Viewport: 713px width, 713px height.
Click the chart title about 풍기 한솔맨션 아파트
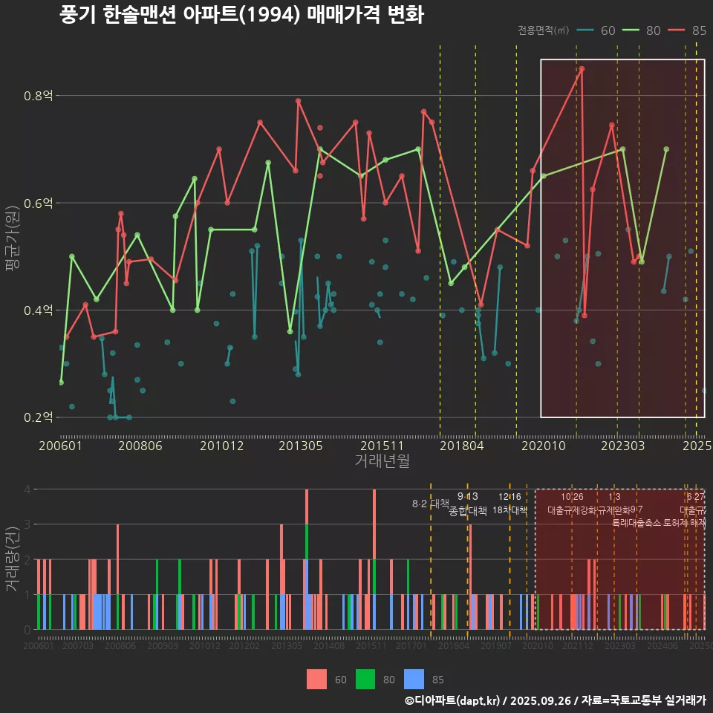point(241,16)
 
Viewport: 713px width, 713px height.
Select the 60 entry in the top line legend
point(598,30)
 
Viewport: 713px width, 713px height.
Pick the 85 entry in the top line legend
point(688,30)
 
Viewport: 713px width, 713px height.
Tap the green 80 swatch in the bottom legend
point(365,679)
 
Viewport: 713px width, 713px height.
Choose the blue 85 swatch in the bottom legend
point(413,679)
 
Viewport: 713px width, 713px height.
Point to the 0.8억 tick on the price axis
point(37,96)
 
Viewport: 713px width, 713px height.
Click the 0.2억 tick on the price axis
point(37,417)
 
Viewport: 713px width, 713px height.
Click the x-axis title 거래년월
point(382,461)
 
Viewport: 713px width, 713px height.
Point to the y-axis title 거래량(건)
point(12,559)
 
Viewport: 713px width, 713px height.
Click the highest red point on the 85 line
point(582,68)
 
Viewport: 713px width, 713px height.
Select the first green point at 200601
point(61,382)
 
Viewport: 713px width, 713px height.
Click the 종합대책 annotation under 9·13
point(467,511)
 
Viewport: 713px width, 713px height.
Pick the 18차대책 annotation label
point(509,510)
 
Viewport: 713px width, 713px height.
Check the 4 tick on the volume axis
point(27,489)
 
